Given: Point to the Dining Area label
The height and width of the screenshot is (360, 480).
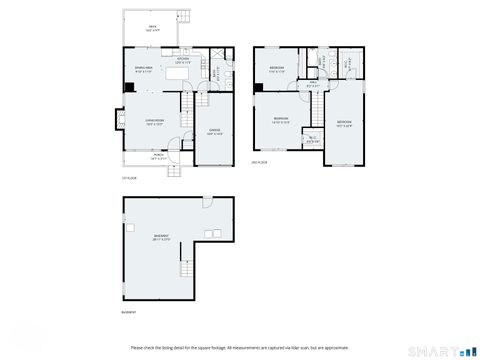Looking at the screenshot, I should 143,70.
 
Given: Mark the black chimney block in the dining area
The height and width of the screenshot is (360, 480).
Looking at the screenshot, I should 126,87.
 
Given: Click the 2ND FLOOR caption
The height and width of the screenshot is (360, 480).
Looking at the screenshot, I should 259,162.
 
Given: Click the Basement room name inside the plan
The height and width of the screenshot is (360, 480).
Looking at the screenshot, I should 161,238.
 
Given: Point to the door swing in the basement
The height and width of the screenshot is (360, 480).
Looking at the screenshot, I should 205,205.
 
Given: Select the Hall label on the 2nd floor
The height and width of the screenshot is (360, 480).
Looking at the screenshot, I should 312,85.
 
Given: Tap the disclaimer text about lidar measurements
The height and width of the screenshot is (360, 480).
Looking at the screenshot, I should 239,347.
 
